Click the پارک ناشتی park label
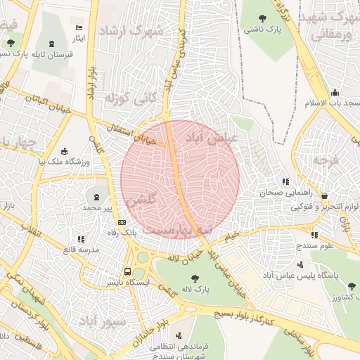point(262,30)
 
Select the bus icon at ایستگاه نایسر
point(127,271)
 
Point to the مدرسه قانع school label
point(81,249)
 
